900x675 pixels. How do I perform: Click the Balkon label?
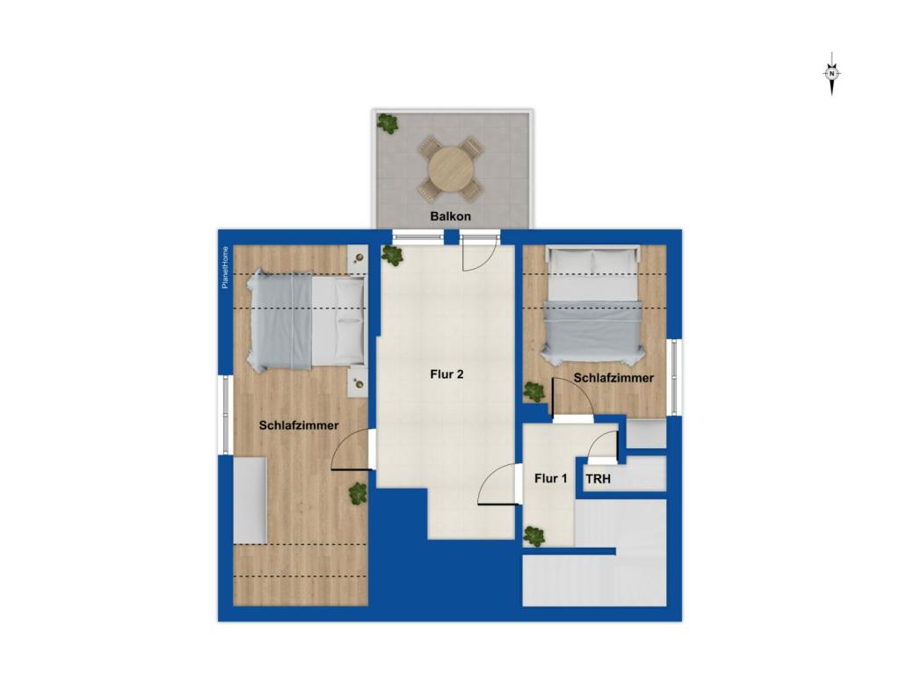pos(451,216)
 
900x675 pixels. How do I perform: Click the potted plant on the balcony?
pos(388,123)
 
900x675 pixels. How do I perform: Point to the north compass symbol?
pos(831,74)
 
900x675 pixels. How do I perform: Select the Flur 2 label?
pos(446,374)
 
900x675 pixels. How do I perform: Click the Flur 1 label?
pos(551,479)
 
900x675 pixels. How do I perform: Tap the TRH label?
pos(599,481)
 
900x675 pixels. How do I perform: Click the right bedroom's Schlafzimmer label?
pos(613,378)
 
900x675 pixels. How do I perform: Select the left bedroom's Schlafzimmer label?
pos(299,425)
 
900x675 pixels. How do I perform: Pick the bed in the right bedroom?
pos(592,307)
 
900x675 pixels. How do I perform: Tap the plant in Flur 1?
pos(533,535)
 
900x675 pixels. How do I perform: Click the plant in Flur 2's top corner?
pos(392,256)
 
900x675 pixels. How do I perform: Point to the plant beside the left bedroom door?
pos(358,493)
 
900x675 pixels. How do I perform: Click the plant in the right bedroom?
pos(533,391)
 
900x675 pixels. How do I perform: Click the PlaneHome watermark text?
pos(226,267)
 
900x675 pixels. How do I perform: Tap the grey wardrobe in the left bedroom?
pos(250,499)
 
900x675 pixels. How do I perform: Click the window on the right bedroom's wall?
pos(675,376)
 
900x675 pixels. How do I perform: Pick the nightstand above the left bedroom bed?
pos(357,257)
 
